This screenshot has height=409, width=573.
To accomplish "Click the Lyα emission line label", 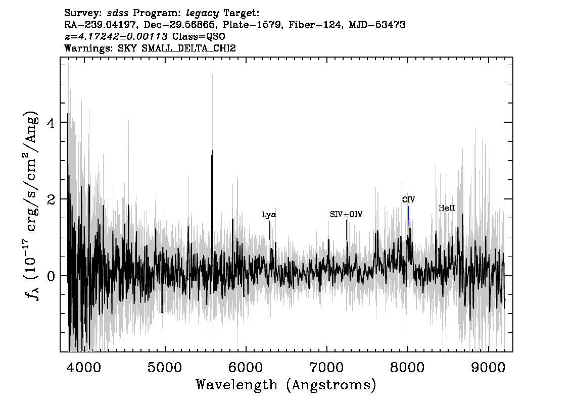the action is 269,215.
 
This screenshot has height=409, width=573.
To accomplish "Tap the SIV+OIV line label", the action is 346,215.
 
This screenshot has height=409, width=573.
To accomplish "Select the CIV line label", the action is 408,200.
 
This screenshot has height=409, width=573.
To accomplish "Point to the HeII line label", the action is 447,208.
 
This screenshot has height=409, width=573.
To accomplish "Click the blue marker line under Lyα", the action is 270,230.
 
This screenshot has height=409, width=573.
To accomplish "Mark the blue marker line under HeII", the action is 447,224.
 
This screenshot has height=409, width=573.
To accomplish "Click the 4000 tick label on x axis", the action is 84,368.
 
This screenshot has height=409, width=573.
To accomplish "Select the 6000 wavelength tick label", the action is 246,368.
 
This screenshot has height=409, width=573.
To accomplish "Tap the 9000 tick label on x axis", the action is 488,368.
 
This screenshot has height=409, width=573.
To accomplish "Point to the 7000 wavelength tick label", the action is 326,368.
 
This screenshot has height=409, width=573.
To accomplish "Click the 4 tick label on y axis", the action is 51,123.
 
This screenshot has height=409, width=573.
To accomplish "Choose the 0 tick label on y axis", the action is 51,276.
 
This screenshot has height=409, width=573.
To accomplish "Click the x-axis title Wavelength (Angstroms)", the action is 286,385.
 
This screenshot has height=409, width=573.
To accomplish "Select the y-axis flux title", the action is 32,206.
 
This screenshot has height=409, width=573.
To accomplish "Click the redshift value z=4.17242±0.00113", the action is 116,36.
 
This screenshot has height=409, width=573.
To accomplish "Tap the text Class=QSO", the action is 199,36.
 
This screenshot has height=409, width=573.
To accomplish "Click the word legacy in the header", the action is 203,14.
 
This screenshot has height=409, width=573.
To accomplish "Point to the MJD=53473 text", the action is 377,25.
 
